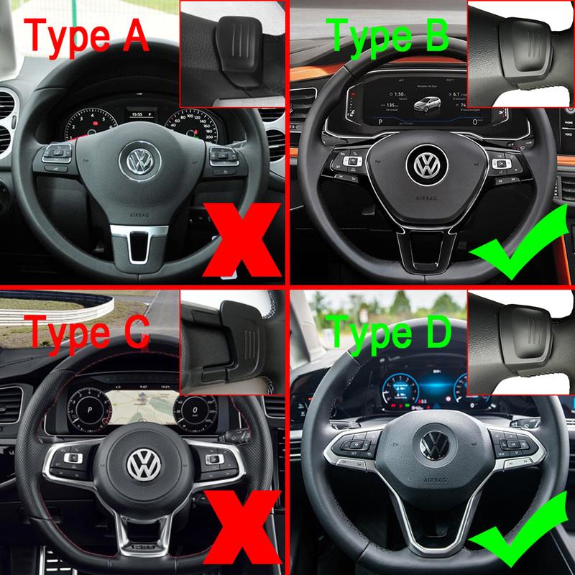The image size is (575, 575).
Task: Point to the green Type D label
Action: [x=388, y=331]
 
